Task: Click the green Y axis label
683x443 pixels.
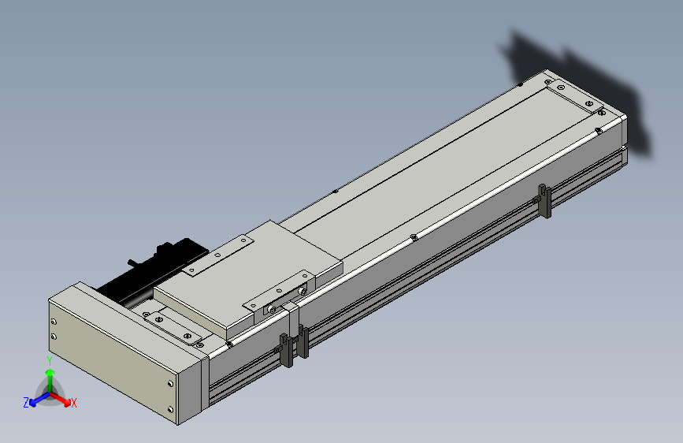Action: tap(50, 361)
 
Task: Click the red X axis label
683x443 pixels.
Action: tap(73, 404)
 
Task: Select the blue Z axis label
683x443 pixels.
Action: tap(26, 403)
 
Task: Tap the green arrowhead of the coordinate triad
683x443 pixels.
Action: tap(50, 373)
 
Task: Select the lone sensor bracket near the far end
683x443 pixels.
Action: tap(544, 201)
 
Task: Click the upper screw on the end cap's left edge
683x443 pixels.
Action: tap(54, 322)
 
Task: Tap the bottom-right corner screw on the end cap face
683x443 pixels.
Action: tap(170, 409)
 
